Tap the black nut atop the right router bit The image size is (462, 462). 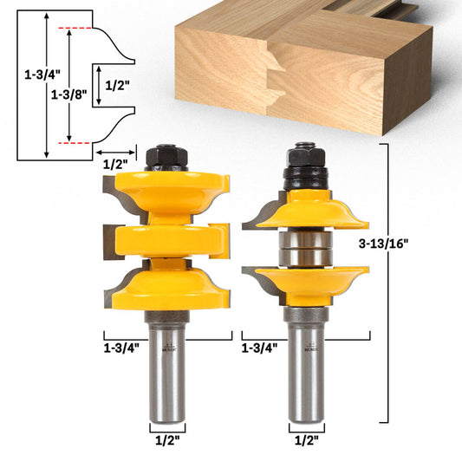pyautogui.click(x=305, y=158)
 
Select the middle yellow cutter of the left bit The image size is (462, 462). pyautogui.click(x=164, y=239)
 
